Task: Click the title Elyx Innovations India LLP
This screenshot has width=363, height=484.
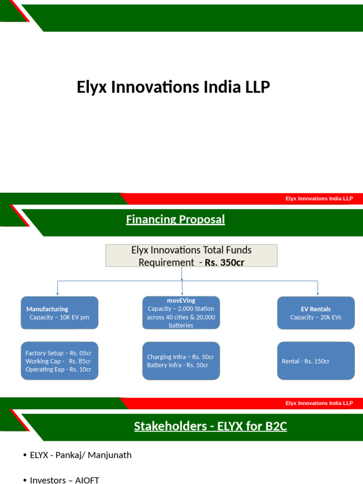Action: coord(173,87)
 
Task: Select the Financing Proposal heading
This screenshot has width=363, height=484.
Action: coord(175,219)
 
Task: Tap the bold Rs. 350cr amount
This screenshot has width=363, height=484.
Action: coord(225,262)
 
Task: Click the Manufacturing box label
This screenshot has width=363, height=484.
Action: coord(47,309)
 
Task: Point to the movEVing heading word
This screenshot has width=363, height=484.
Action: coord(181,301)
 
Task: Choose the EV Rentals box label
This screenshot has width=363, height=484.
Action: coord(316,309)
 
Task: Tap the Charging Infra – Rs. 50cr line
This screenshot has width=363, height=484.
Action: coord(180,357)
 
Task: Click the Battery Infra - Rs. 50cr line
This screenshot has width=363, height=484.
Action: coord(177,365)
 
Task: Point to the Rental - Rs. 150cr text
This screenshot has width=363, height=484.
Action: coord(305,361)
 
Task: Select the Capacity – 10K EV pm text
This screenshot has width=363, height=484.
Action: coord(59,317)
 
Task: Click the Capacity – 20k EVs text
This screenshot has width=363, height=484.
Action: coord(316,317)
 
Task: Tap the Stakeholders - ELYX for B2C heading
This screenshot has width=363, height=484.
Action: coord(210,426)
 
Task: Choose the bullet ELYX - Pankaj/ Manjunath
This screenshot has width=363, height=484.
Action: coord(80,455)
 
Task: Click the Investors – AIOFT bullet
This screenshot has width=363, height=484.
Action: coord(64,480)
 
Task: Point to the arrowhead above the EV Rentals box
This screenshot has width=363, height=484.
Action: coord(318,294)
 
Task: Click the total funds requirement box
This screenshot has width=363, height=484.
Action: coord(191,256)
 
